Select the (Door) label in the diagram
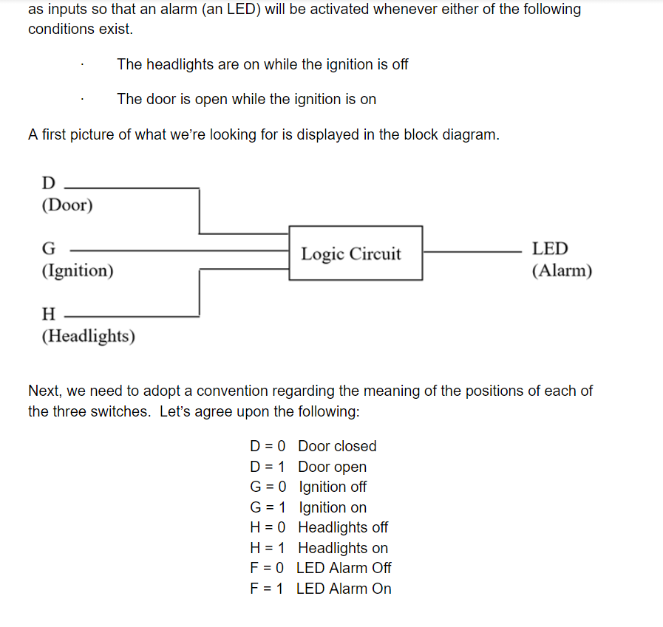67,205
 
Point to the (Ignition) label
78,270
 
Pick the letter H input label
49,315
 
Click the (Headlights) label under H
89,336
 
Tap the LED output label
550,250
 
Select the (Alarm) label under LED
562,271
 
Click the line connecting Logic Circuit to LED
473,251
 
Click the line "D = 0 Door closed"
313,446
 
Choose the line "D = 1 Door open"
308,467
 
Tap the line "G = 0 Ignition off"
308,487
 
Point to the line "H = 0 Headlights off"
319,527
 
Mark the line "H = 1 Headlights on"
319,548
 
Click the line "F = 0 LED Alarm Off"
321,568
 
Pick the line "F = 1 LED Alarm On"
321,589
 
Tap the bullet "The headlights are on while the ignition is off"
262,64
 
